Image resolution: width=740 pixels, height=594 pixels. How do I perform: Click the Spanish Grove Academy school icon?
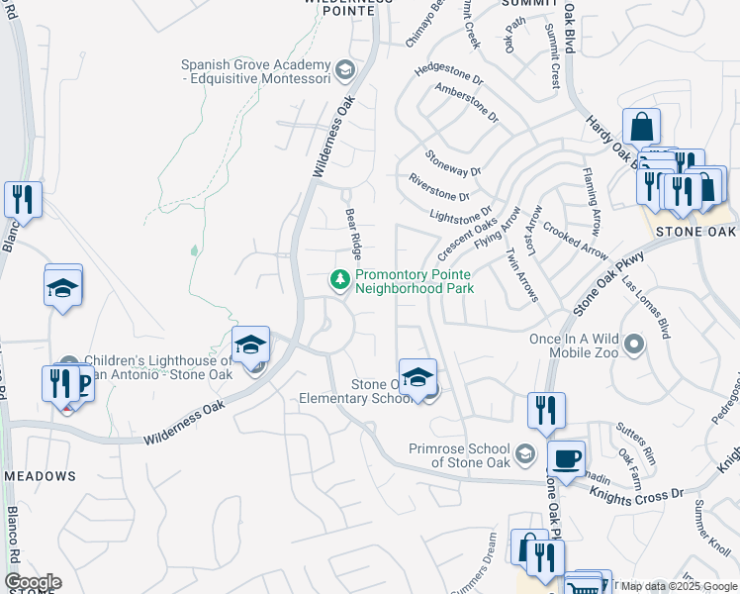click(345, 69)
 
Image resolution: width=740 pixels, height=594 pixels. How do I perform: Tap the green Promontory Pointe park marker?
click(341, 280)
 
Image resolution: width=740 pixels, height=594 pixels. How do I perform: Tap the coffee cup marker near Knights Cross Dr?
click(566, 458)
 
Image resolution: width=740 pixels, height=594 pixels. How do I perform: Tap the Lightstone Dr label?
click(460, 213)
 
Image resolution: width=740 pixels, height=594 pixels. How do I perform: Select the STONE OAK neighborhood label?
click(695, 232)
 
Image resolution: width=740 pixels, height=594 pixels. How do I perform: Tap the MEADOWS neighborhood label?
click(40, 476)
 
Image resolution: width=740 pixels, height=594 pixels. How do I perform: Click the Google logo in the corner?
click(33, 582)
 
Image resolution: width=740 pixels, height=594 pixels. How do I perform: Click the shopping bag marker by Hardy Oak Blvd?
click(641, 128)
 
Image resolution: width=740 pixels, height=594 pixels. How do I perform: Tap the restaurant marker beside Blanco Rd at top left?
click(22, 198)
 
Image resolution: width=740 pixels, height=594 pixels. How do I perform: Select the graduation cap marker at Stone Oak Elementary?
click(418, 378)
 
